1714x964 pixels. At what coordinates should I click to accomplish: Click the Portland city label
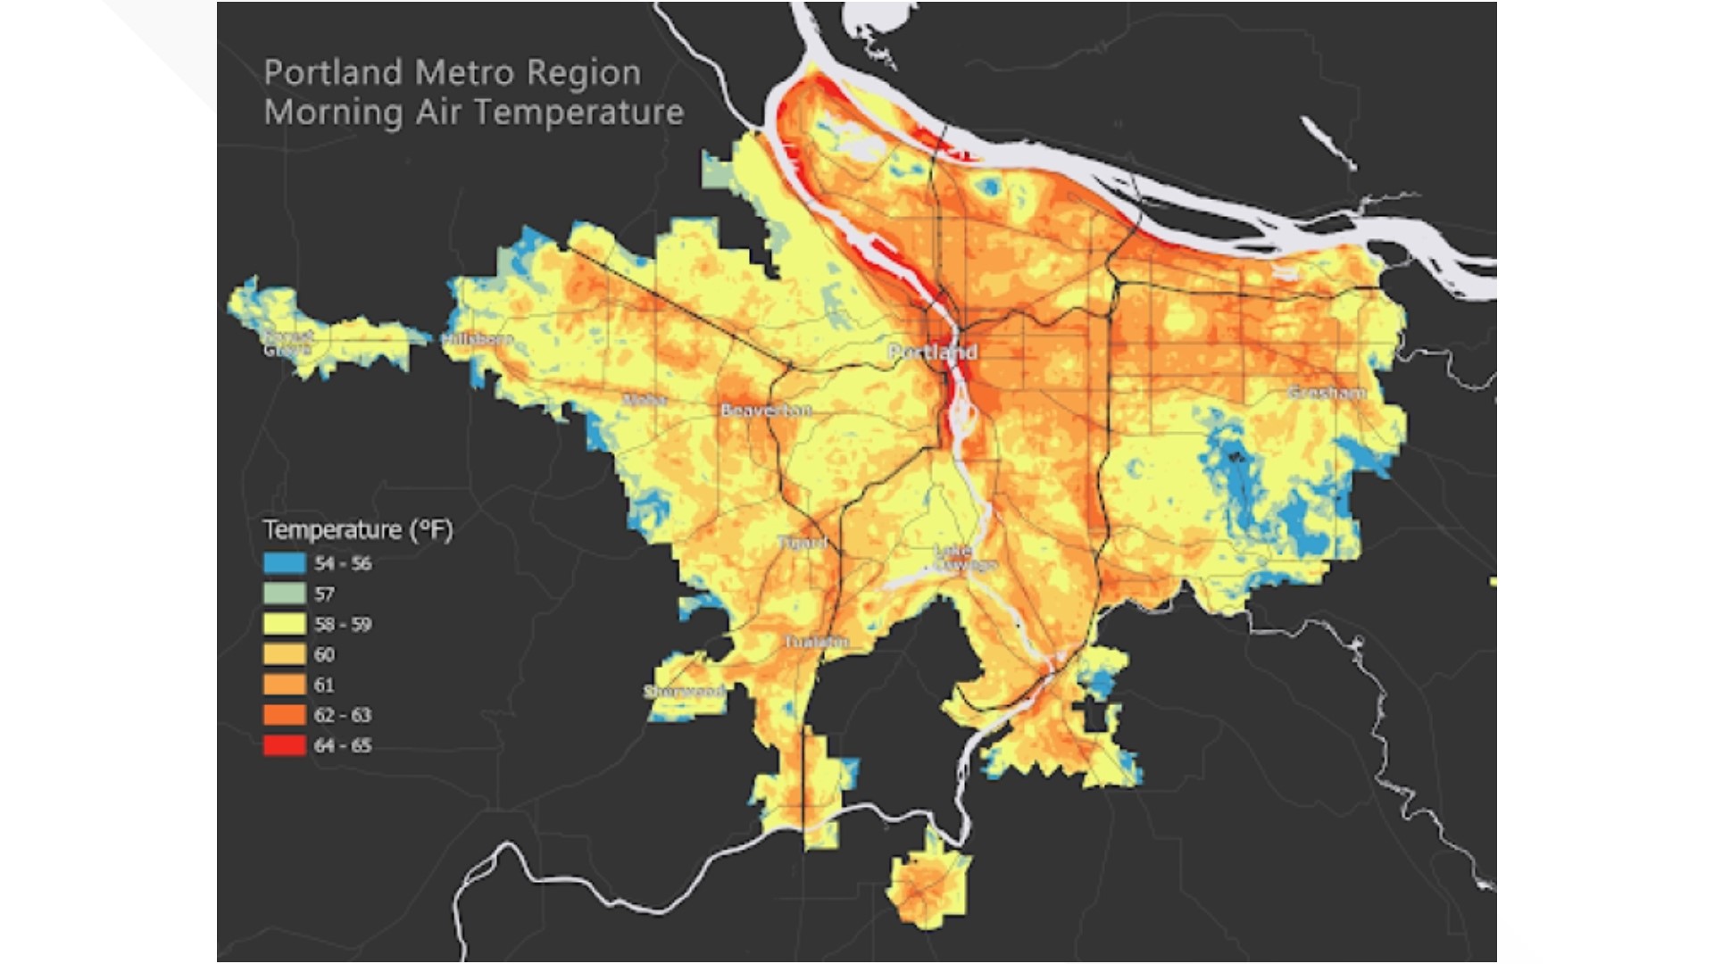point(932,352)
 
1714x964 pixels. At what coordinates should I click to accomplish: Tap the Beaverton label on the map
point(766,410)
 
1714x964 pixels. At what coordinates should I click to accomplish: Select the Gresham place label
point(1327,393)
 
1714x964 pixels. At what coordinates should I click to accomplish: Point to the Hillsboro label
point(478,339)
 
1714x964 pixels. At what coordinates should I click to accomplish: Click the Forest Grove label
point(287,343)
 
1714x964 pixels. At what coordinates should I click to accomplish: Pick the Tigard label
point(802,543)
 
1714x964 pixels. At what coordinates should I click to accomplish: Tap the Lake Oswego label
point(964,558)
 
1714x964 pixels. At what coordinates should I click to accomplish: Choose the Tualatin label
point(816,642)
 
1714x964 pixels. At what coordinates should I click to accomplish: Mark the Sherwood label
point(684,692)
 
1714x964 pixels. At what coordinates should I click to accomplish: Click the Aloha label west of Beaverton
point(645,399)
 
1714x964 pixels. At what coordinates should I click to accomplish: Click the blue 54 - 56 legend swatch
point(284,563)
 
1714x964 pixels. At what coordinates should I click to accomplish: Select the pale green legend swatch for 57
point(284,594)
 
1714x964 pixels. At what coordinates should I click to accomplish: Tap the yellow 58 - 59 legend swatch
point(284,624)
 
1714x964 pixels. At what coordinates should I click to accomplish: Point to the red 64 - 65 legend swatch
point(284,745)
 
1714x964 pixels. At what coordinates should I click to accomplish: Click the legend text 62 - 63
point(342,715)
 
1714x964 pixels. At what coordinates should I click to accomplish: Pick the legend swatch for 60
point(284,654)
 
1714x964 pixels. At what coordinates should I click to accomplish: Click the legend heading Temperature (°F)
point(358,530)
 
